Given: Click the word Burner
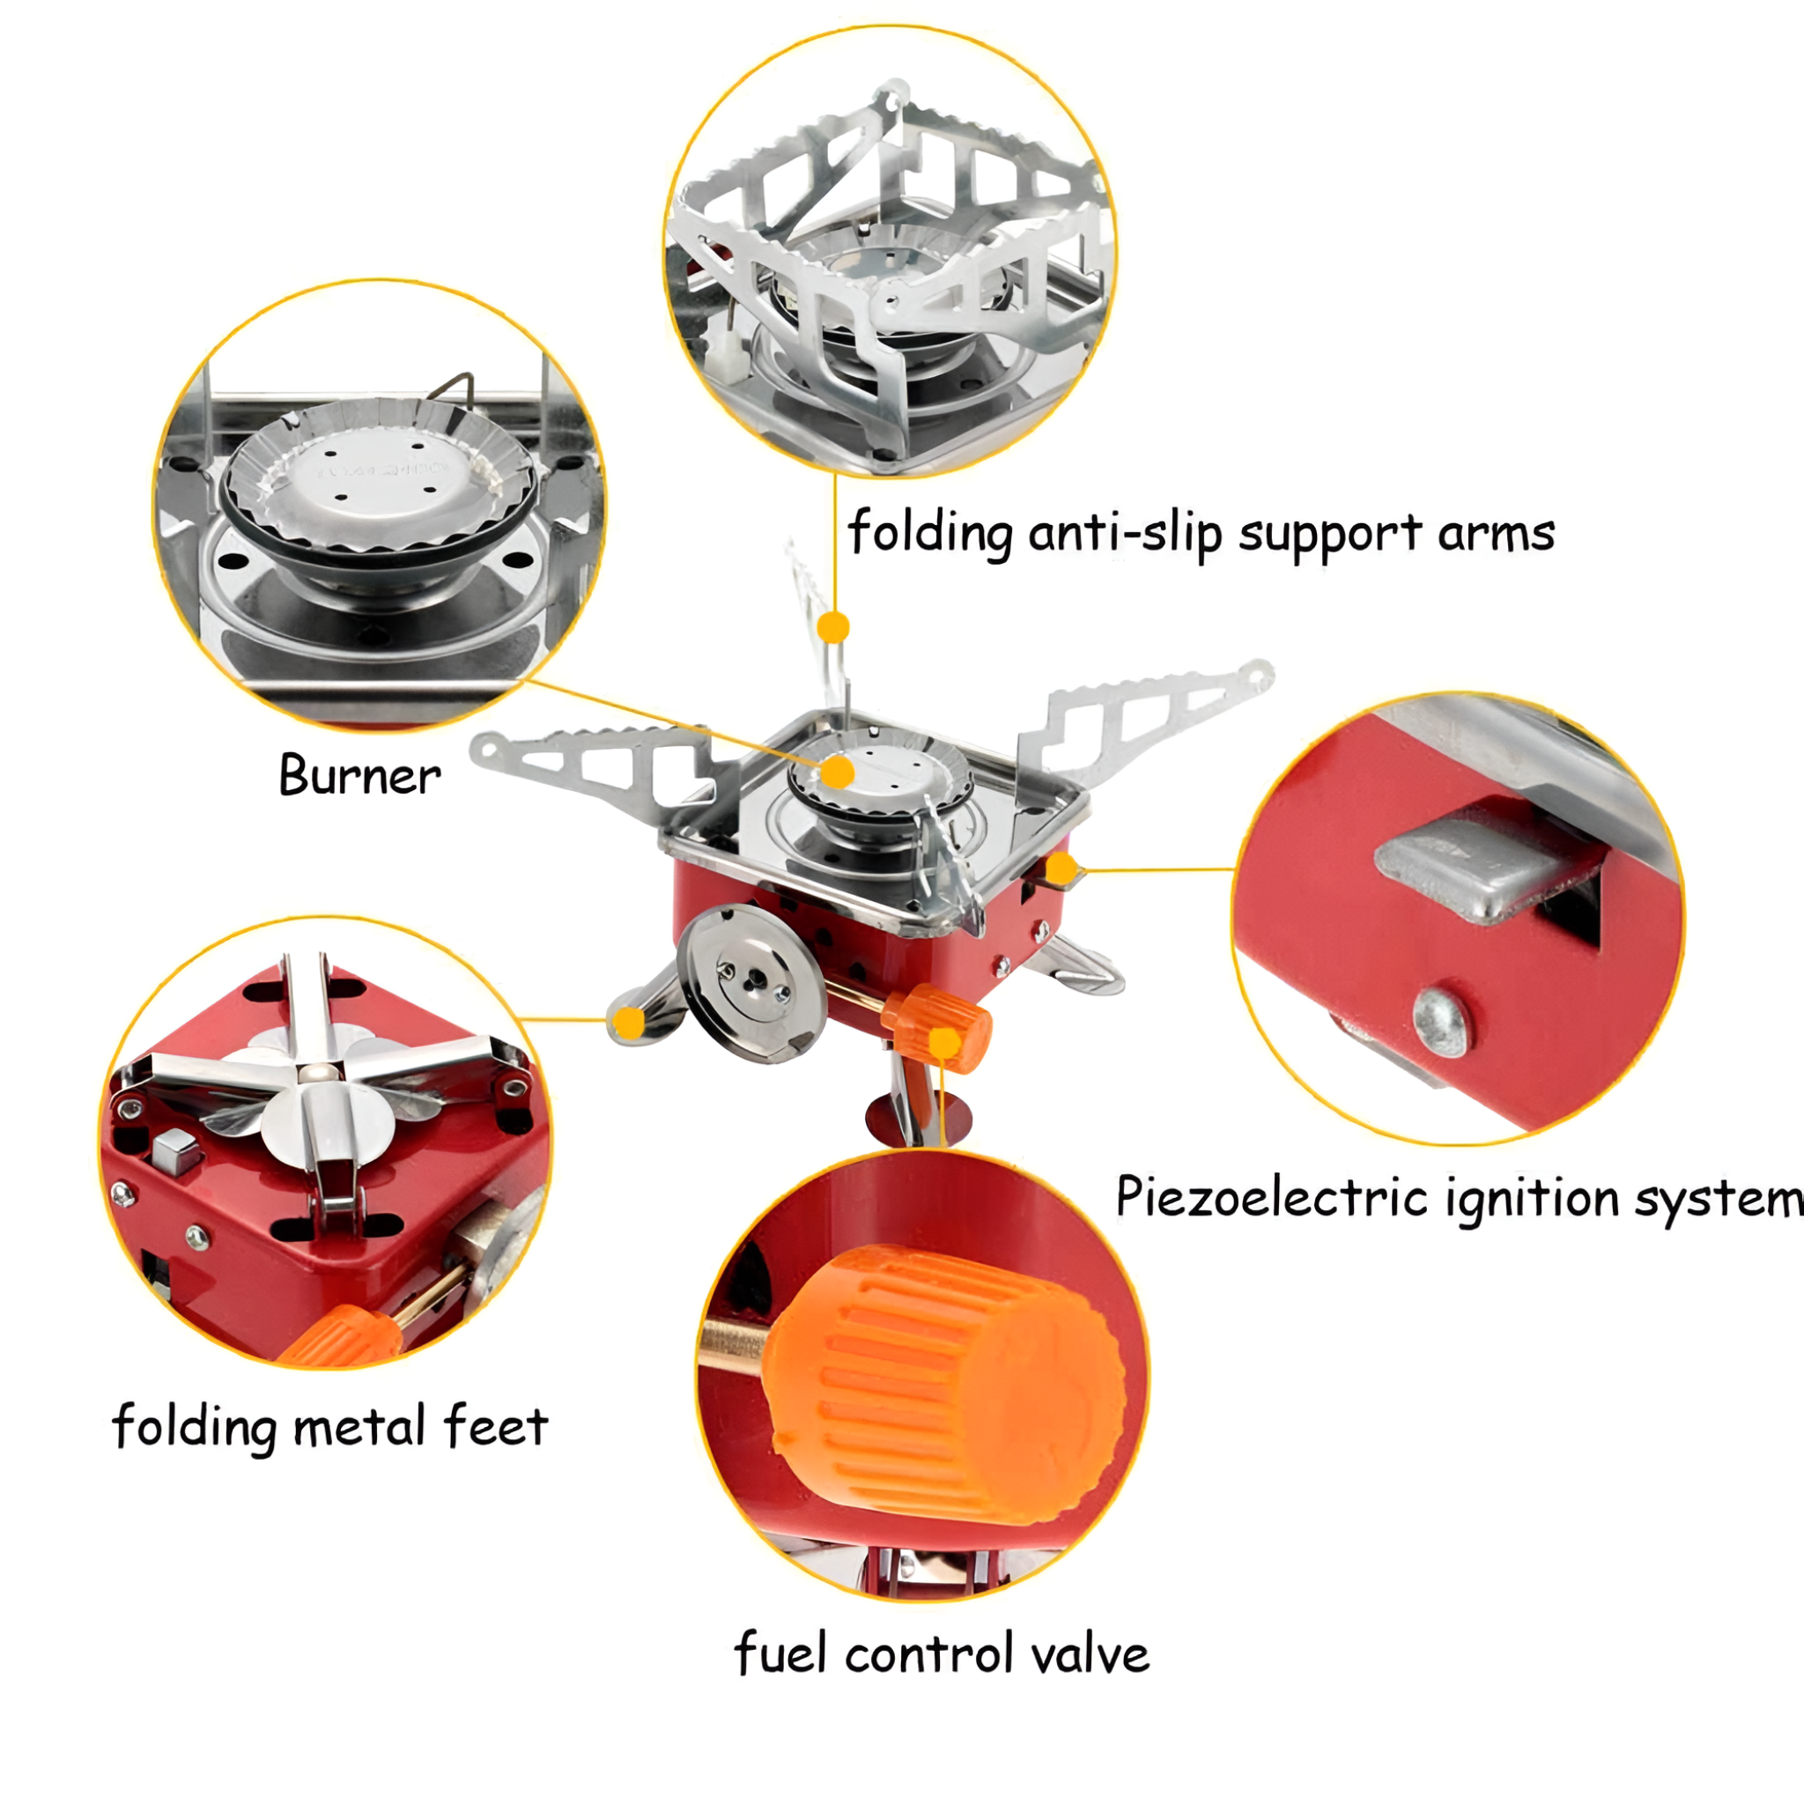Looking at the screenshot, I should coord(359,776).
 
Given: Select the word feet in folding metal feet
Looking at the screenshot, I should coord(496,1426).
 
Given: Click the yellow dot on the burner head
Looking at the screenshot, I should coord(839,773).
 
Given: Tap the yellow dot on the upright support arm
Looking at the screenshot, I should coord(833,626).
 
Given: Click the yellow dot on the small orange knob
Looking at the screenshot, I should coord(945,1041).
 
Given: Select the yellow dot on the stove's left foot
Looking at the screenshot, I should coord(632,1024).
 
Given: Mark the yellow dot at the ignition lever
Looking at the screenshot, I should coord(1061,869).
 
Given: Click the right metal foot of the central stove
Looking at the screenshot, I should coord(1083,966).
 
